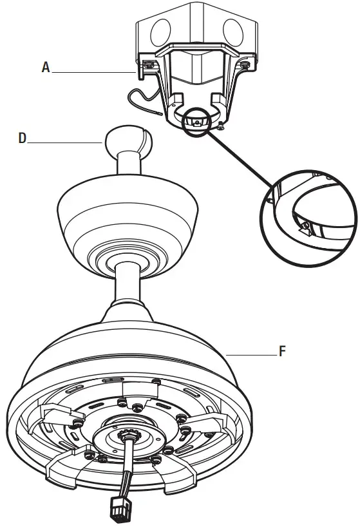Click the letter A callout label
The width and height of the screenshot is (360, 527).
coord(45,68)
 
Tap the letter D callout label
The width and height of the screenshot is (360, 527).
coord(23,139)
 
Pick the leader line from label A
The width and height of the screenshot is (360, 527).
coord(97,73)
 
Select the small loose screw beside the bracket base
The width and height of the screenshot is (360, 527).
coord(221,125)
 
